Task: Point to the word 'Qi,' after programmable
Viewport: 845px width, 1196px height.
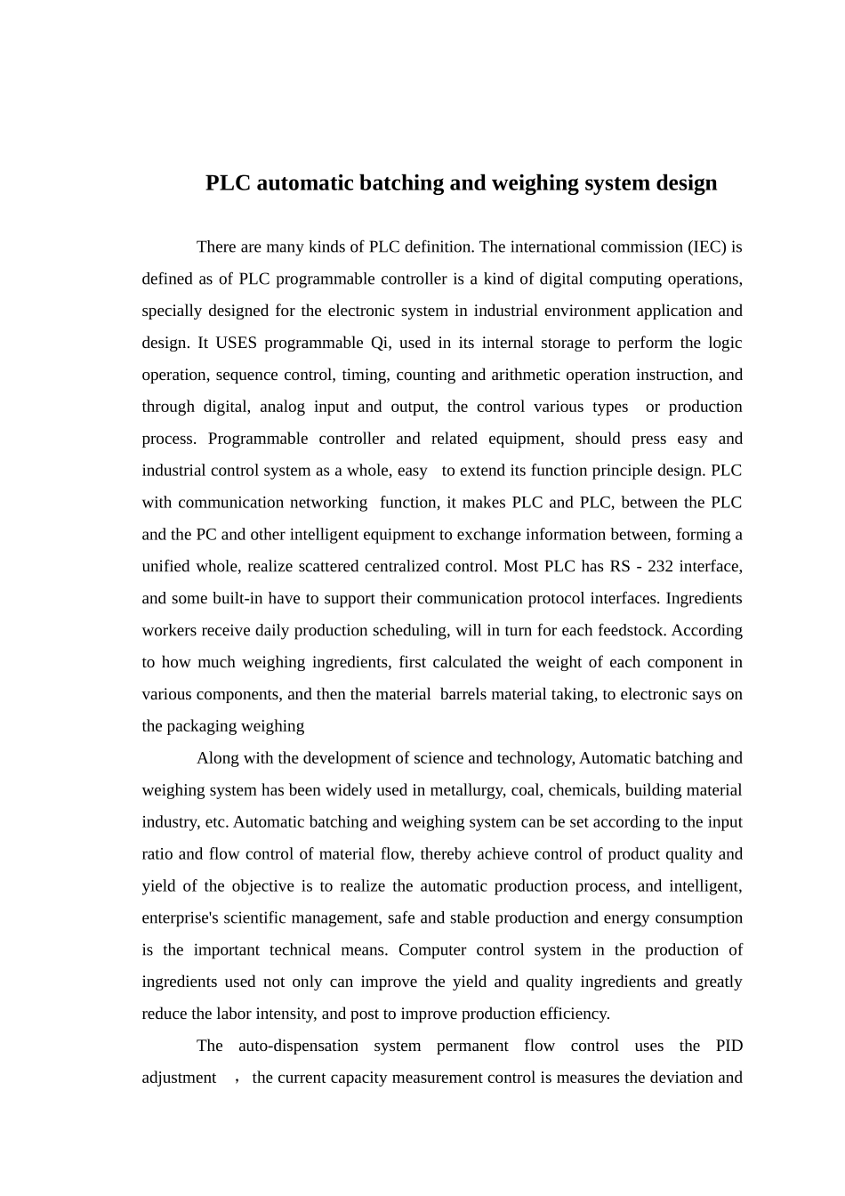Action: (381, 343)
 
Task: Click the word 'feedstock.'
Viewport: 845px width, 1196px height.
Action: (633, 630)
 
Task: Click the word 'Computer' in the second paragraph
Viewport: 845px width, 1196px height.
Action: (431, 950)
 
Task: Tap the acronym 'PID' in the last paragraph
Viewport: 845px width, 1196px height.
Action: (728, 1046)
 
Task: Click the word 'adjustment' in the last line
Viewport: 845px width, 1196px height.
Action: (179, 1078)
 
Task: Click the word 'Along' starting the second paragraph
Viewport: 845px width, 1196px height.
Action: (218, 758)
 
